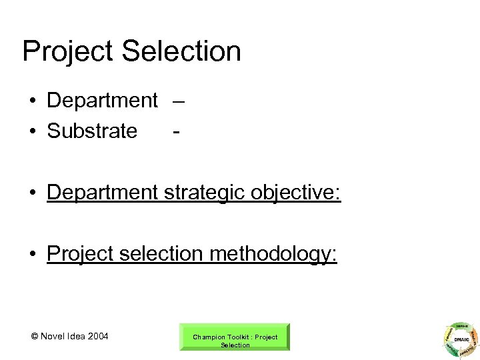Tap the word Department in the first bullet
[102, 101]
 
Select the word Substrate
[92, 131]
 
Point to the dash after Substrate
[175, 131]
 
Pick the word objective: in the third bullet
[299, 193]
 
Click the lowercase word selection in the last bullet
[157, 254]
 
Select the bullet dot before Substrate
[32, 131]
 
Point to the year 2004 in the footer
[97, 335]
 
